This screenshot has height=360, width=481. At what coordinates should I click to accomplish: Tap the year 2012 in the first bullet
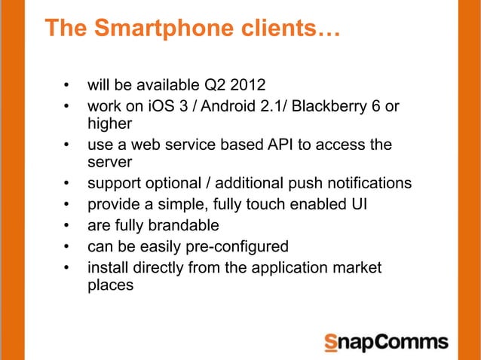click(x=238, y=84)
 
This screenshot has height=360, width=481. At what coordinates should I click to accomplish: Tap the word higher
click(x=110, y=123)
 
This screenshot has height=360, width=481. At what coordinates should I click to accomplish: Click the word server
click(x=110, y=162)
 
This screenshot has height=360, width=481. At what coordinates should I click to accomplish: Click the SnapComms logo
click(x=385, y=341)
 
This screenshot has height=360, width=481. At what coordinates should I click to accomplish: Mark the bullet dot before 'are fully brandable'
click(x=67, y=226)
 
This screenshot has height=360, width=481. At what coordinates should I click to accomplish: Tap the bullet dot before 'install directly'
click(x=67, y=268)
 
